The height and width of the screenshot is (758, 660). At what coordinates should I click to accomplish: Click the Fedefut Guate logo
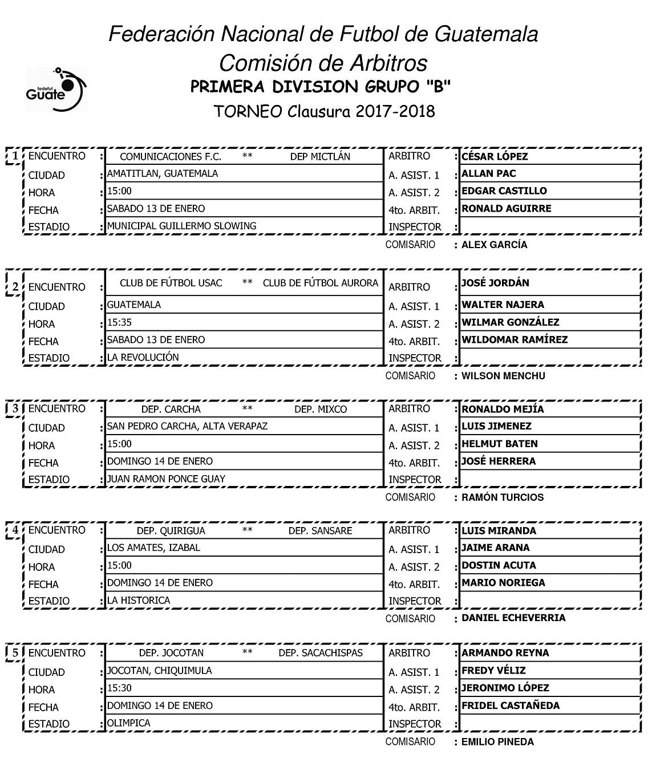pyautogui.click(x=55, y=89)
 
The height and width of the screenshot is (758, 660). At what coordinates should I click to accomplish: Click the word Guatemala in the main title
pyautogui.click(x=486, y=34)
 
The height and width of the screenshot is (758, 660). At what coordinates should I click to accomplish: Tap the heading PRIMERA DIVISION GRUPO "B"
pyautogui.click(x=321, y=87)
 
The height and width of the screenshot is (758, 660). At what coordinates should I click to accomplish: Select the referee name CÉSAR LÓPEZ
pyautogui.click(x=495, y=156)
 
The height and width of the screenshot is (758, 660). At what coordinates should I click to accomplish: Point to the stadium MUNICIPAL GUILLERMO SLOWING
pyautogui.click(x=181, y=226)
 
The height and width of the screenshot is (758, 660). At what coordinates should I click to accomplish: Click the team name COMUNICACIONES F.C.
pyautogui.click(x=171, y=156)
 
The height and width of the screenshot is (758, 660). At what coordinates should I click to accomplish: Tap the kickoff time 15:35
pyautogui.click(x=119, y=322)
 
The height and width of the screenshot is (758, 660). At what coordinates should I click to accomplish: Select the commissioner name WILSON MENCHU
pyautogui.click(x=503, y=376)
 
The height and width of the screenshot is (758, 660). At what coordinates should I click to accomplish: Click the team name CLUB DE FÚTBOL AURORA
pyautogui.click(x=320, y=283)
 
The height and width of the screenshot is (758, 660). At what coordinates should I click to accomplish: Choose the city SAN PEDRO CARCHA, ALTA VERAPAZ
pyautogui.click(x=187, y=426)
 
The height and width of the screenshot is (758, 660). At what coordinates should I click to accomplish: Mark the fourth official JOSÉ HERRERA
pyautogui.click(x=499, y=461)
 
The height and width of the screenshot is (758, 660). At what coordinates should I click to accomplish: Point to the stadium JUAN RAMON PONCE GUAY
pyautogui.click(x=166, y=479)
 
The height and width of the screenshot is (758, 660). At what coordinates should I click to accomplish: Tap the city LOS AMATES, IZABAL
pyautogui.click(x=153, y=548)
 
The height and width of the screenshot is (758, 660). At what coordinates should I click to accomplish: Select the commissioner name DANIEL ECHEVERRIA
pyautogui.click(x=513, y=618)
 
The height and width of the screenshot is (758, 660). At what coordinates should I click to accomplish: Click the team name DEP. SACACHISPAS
pyautogui.click(x=321, y=653)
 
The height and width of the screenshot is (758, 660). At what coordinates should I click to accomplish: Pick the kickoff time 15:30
pyautogui.click(x=119, y=688)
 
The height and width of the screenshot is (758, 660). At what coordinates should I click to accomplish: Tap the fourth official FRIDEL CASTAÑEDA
pyautogui.click(x=511, y=706)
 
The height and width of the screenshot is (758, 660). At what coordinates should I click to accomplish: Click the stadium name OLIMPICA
pyautogui.click(x=129, y=723)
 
